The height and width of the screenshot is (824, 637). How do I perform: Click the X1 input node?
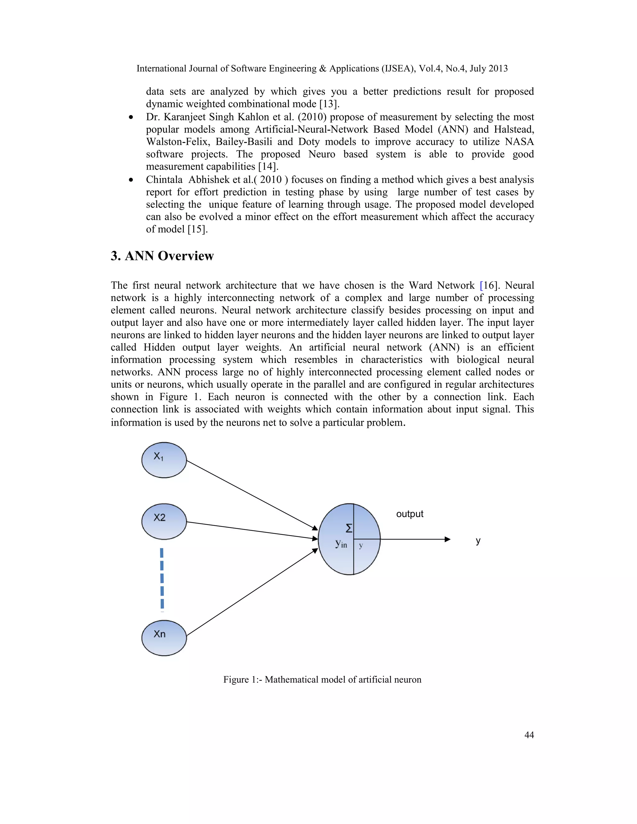pos(164,460)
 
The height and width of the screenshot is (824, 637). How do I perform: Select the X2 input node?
pos(164,521)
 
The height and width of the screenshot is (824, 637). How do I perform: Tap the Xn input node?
pos(164,638)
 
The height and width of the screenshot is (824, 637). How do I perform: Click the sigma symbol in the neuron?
pos(349,528)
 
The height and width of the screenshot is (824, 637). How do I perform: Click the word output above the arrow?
pos(409,514)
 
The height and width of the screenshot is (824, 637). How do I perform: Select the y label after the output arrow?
pos(478,540)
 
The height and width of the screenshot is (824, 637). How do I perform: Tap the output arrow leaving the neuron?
pos(415,539)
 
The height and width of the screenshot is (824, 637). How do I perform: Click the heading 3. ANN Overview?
pos(162,256)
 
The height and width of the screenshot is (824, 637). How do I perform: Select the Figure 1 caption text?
pos(322,679)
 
